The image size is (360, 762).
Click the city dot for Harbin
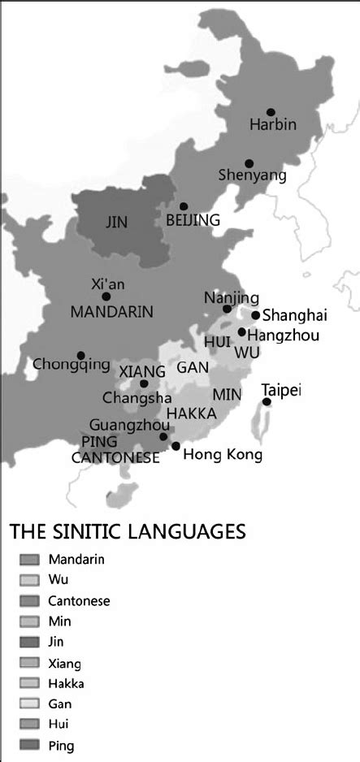click(271, 112)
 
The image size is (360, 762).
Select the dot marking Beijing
click(184, 206)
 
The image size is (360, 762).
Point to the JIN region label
click(117, 220)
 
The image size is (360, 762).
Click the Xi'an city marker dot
click(106, 297)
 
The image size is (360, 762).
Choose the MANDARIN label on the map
click(111, 311)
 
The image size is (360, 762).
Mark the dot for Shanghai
click(255, 315)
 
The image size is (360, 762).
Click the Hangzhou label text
click(283, 335)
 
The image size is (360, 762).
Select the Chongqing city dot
click(80, 355)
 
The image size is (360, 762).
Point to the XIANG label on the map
click(142, 370)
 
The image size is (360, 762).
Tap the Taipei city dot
click(267, 401)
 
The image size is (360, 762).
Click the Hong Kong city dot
click(176, 446)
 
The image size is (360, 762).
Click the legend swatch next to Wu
click(29, 580)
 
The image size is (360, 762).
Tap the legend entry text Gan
click(60, 704)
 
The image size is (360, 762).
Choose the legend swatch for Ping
click(29, 745)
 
